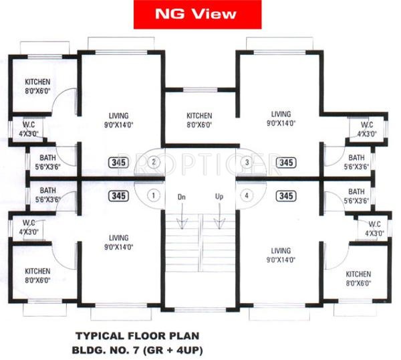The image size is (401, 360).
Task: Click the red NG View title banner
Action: [197, 14]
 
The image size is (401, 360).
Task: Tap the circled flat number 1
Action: [154, 196]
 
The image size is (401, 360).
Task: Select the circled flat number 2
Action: [154, 163]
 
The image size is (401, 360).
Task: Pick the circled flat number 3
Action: [247, 163]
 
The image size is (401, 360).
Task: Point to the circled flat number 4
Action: [247, 196]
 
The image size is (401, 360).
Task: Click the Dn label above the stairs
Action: [182, 197]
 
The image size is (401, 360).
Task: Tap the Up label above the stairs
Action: [219, 196]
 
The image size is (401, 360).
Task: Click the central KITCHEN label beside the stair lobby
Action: [199, 116]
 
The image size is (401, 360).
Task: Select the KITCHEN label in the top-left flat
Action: [37, 82]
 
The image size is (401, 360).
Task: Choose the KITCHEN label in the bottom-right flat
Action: [358, 274]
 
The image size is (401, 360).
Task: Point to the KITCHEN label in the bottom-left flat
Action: [37, 271]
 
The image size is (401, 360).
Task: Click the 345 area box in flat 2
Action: [119, 163]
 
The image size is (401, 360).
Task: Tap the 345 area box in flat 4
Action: [286, 196]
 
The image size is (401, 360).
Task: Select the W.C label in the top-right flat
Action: [367, 125]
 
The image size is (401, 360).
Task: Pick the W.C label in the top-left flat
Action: [29, 124]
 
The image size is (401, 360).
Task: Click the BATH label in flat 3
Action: [356, 157]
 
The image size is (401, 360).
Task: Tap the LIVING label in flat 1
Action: [119, 238]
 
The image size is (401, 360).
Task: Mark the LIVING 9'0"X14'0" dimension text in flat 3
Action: [281, 119]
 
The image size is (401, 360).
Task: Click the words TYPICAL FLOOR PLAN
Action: [137, 336]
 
